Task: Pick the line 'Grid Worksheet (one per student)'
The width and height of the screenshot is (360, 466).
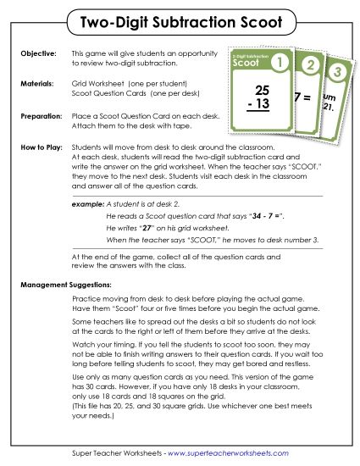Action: pos(130,85)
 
